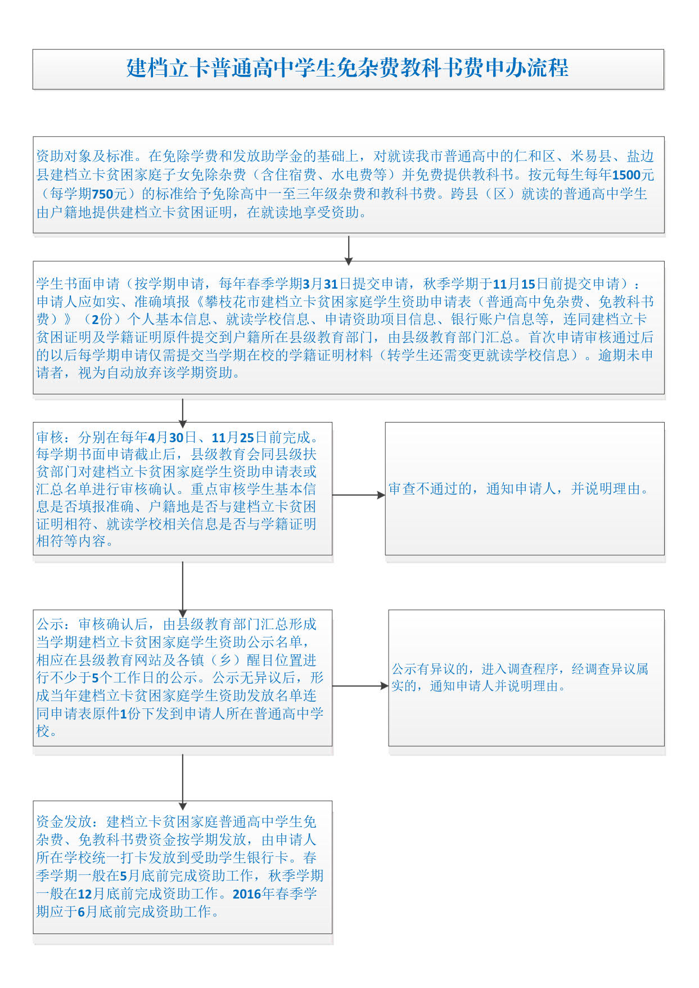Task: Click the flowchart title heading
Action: [348, 68]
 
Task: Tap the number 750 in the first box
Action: [102, 194]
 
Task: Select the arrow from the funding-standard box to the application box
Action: [349, 250]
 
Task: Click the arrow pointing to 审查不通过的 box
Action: [359, 495]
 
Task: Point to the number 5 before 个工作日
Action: [95, 678]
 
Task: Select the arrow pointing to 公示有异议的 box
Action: [360, 686]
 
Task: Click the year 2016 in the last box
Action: [247, 894]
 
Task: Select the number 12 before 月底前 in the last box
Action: [84, 894]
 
